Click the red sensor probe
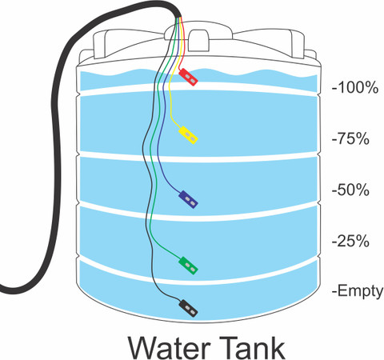click(x=188, y=77)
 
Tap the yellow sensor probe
click(x=188, y=135)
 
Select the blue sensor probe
click(x=188, y=199)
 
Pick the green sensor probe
click(x=188, y=266)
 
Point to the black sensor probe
click(x=188, y=308)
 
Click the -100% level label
click(x=355, y=87)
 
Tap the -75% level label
click(x=350, y=138)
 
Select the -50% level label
click(x=350, y=190)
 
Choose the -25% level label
click(x=350, y=241)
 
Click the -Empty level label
click(x=358, y=291)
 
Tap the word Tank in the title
click(x=252, y=346)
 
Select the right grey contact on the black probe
click(x=192, y=311)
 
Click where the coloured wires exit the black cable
click(x=179, y=18)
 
